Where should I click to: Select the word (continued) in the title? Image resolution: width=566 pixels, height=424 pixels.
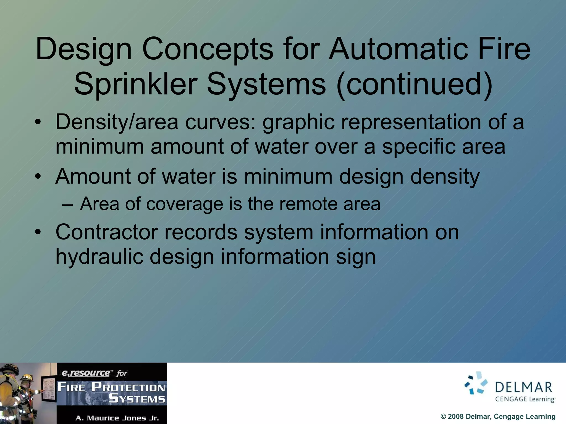(415, 84)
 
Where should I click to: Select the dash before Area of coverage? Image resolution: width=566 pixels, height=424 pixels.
(68, 205)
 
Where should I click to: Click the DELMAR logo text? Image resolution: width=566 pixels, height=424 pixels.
(523, 387)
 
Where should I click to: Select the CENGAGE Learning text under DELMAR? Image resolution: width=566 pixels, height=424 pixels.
(525, 399)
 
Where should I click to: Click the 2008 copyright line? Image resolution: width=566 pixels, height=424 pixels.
(498, 417)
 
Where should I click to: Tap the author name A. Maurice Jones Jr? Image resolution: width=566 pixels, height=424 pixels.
(117, 418)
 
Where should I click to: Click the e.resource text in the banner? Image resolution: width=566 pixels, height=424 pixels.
(86, 373)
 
